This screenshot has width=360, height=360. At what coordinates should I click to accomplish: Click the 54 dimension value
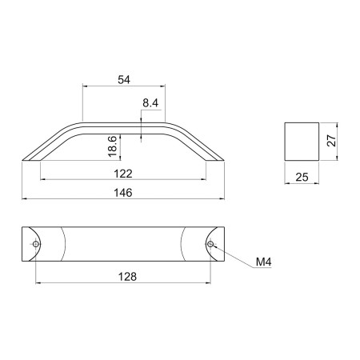coord(124,79)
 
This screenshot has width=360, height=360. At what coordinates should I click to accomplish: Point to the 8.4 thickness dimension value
coord(150,103)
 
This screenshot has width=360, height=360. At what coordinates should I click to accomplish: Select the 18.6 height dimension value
coord(113,146)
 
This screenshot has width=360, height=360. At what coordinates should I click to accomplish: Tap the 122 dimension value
coord(123,174)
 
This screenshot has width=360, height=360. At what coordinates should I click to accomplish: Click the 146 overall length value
coord(123,193)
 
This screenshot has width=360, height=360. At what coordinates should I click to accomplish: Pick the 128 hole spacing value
coord(127,277)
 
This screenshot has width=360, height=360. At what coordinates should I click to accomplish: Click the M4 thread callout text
coord(263,262)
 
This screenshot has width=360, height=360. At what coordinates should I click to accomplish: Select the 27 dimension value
coord(331,140)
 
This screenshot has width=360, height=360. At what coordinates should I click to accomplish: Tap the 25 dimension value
coord(302,177)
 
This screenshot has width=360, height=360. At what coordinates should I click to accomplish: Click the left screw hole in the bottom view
coord(35,244)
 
